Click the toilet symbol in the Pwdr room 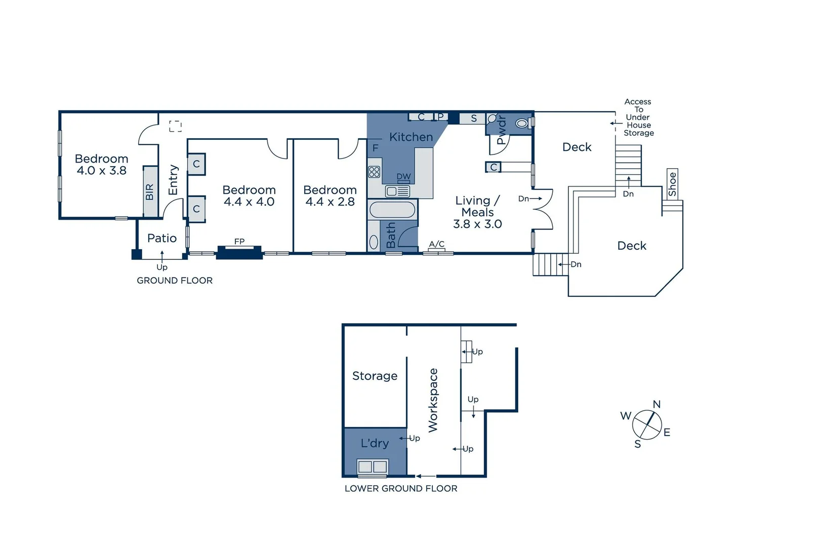click(x=521, y=123)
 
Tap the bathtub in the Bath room click(x=392, y=210)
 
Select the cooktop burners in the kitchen click(x=374, y=172)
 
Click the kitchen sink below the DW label click(x=397, y=191)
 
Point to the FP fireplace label click(x=239, y=242)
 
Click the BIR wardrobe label click(x=150, y=192)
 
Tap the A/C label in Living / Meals click(x=436, y=244)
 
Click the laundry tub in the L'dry click(x=373, y=466)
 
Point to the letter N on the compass click(x=656, y=404)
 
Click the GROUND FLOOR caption click(x=175, y=281)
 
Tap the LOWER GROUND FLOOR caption click(x=401, y=489)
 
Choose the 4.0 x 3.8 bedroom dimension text click(x=101, y=171)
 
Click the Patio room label click(x=162, y=238)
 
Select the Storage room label click(x=375, y=376)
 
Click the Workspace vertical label click(x=433, y=400)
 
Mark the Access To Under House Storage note click(x=638, y=118)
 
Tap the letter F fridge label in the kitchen click(x=375, y=148)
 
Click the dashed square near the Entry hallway click(x=175, y=126)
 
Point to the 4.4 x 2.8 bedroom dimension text click(x=330, y=202)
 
